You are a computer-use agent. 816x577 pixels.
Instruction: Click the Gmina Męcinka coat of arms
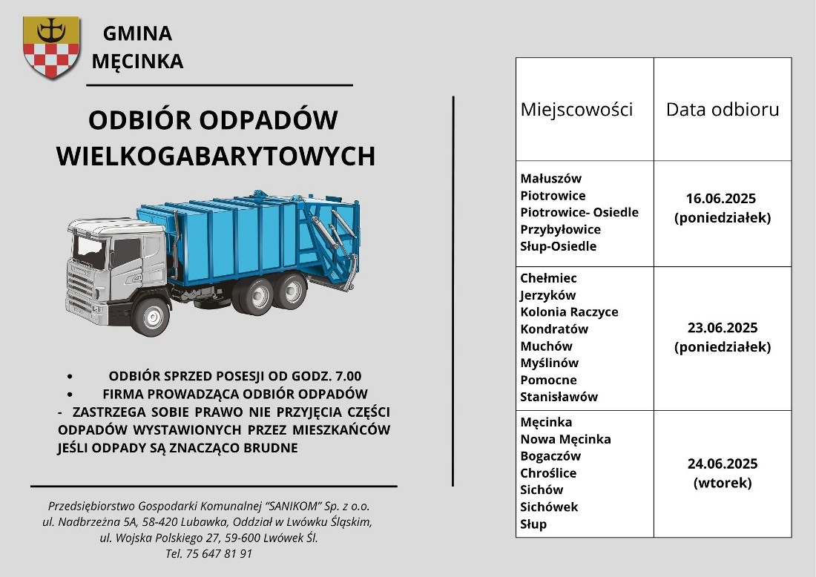coord(51,47)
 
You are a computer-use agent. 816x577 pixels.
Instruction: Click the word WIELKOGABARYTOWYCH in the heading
coord(216,156)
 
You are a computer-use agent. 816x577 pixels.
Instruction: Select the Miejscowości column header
coord(576,110)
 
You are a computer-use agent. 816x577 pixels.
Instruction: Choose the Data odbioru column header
coord(722,110)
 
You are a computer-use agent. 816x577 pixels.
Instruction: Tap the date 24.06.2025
coord(722,464)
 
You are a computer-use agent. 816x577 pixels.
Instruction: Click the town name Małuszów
coord(550,179)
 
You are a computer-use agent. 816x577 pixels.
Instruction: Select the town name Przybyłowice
coord(560,229)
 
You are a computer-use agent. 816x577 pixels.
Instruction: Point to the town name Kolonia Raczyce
coord(569,311)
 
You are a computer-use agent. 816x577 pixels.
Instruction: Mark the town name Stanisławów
coord(559,397)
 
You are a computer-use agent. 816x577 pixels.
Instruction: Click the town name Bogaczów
coord(550,456)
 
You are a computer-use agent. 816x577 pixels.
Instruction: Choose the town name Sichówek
coord(549,507)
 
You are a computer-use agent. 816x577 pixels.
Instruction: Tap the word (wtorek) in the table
coord(722,483)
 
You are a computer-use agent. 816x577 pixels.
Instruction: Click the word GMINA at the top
coord(137,33)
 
